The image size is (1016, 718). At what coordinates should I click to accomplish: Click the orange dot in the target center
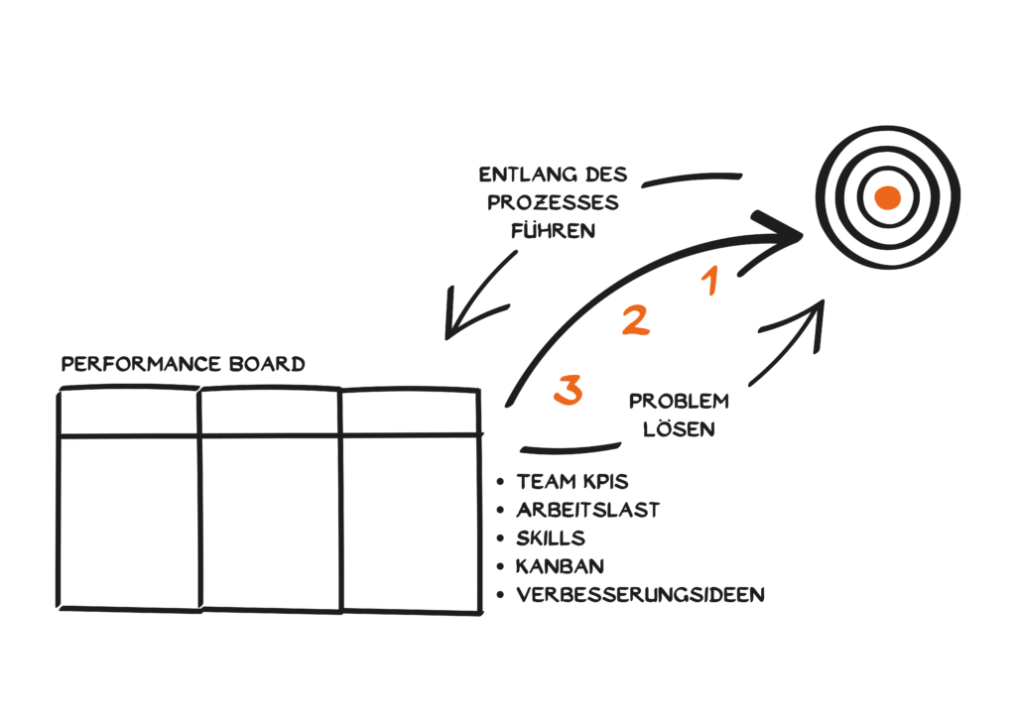[887, 198]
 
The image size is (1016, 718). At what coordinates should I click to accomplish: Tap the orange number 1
[709, 282]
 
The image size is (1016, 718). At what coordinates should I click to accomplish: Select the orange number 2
[635, 320]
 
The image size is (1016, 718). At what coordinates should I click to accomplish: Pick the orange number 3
[568, 390]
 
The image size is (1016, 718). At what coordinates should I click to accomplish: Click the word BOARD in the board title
[271, 365]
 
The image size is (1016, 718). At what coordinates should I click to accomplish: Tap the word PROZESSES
[553, 203]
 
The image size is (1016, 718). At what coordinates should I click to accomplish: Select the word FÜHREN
[553, 231]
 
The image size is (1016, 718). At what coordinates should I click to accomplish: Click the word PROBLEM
[679, 402]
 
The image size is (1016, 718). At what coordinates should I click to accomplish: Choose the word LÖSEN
[679, 430]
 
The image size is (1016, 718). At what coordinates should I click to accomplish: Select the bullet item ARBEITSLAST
[587, 511]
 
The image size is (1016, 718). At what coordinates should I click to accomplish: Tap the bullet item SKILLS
[550, 538]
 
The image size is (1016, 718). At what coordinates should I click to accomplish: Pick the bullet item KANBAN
[560, 566]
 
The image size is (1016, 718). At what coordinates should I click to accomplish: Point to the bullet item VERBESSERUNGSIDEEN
[640, 595]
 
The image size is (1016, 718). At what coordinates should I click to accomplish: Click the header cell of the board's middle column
[270, 412]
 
